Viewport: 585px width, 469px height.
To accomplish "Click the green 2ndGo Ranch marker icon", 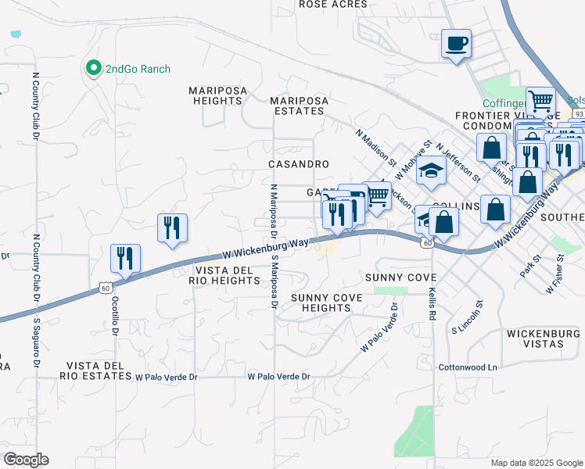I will (x=94, y=68).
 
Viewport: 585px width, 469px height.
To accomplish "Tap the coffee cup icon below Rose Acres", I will (x=456, y=43).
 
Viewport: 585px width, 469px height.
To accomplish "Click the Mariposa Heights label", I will (x=217, y=95).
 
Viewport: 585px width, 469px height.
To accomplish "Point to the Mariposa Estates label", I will (x=298, y=106).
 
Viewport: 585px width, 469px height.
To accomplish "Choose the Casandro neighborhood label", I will (x=298, y=164).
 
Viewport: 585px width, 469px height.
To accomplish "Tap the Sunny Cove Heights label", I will (x=321, y=303).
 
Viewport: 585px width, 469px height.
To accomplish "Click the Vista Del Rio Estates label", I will (x=99, y=371).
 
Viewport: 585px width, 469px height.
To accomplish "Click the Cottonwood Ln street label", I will (x=468, y=367).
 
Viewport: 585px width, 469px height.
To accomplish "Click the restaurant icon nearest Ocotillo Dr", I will (x=125, y=258).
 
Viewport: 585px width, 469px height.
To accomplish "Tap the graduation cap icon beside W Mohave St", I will (x=431, y=171).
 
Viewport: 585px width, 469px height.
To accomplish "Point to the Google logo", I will (x=26, y=460).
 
